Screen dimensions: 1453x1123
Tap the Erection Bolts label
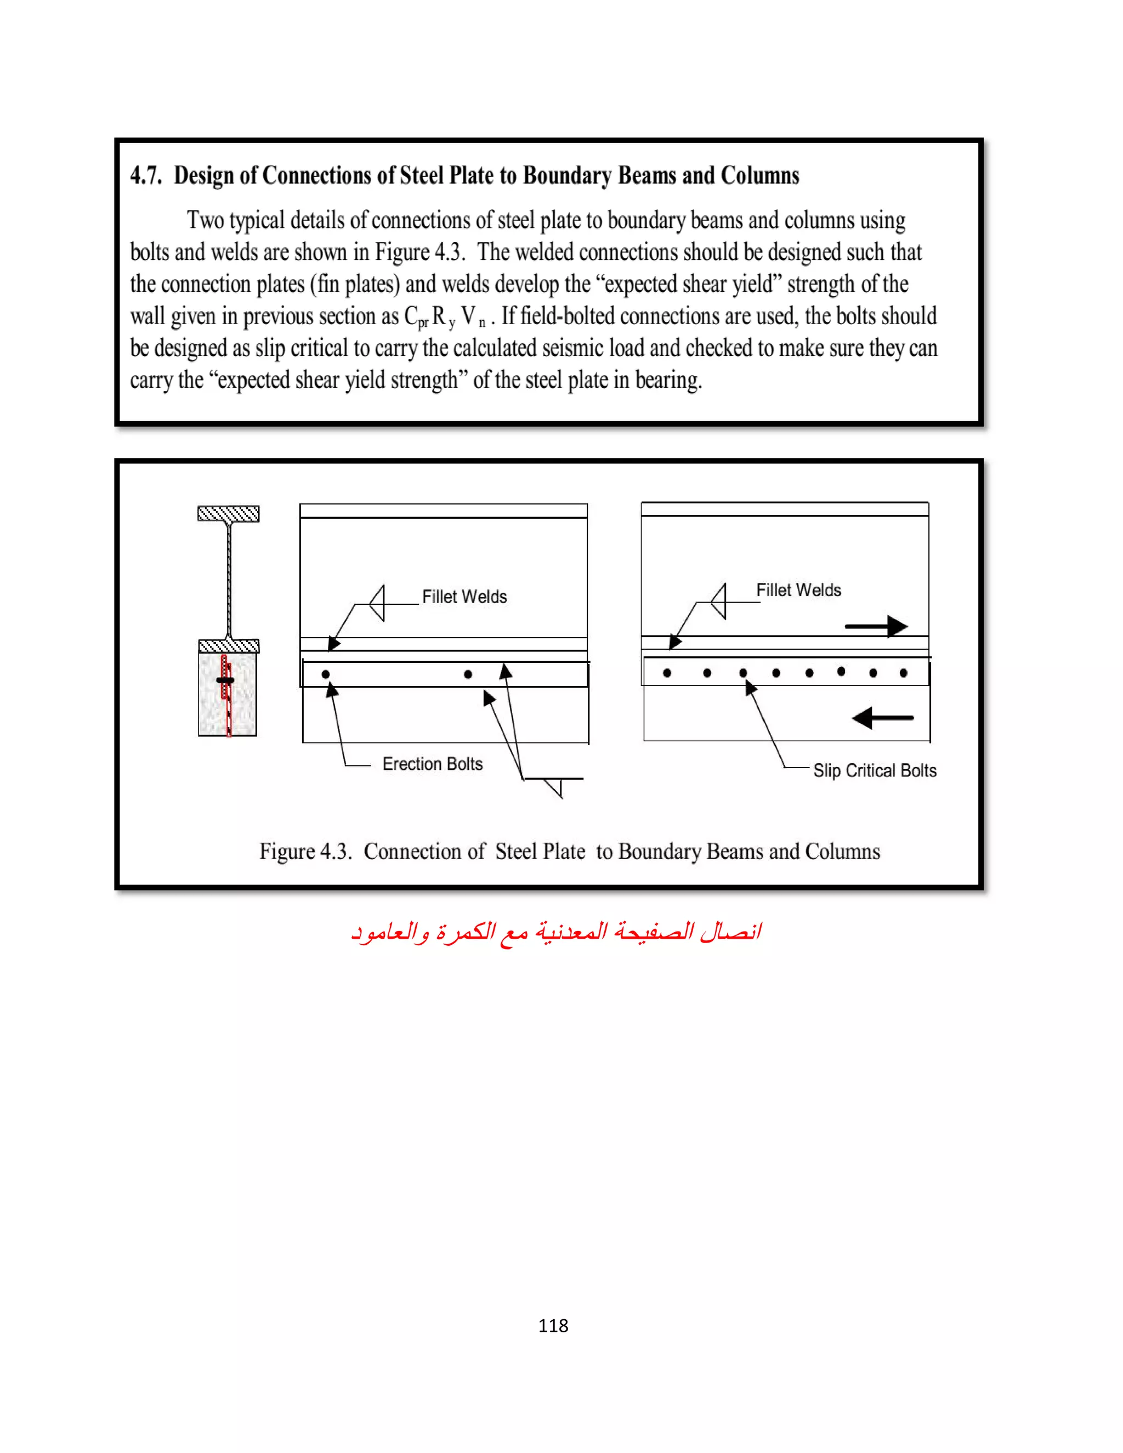pyautogui.click(x=433, y=764)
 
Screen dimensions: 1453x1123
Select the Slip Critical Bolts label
pyautogui.click(x=874, y=770)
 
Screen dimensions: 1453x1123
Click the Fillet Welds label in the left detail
pyautogui.click(x=464, y=597)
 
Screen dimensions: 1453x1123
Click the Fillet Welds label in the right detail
pyautogui.click(x=798, y=590)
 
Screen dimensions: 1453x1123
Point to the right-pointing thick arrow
pyautogui.click(x=877, y=626)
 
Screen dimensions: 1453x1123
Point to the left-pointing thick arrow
pyautogui.click(x=882, y=718)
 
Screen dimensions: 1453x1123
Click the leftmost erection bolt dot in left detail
pyautogui.click(x=325, y=674)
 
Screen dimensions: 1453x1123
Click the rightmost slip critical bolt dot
pyautogui.click(x=904, y=673)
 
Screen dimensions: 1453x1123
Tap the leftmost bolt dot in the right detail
pyautogui.click(x=667, y=673)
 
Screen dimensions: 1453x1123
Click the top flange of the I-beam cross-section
pyautogui.click(x=228, y=514)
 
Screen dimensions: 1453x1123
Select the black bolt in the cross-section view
pyautogui.click(x=225, y=680)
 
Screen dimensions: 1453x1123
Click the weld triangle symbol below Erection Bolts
pyautogui.click(x=555, y=787)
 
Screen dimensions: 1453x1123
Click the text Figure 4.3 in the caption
pyautogui.click(x=305, y=852)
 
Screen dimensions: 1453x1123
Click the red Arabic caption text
pyautogui.click(x=556, y=932)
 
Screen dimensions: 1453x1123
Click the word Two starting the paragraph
pyautogui.click(x=205, y=220)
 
